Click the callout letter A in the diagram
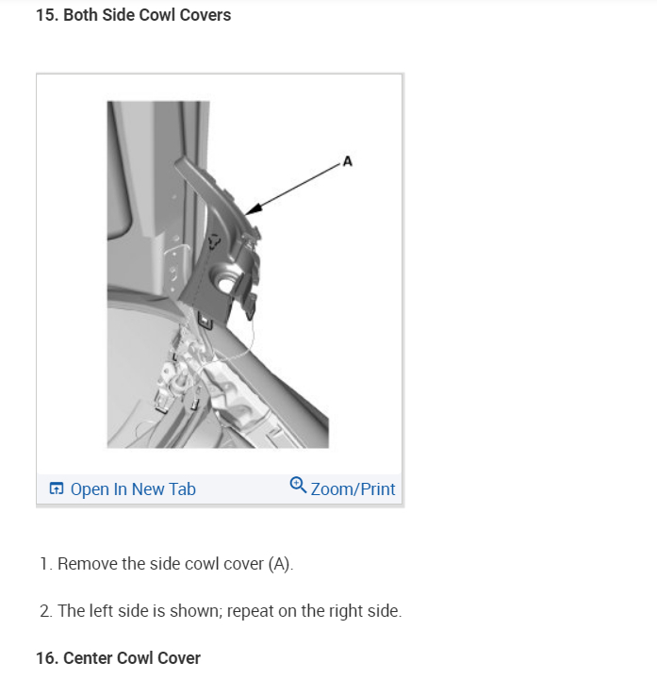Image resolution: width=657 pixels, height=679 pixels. point(348,161)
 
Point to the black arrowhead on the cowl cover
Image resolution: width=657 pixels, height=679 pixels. point(255,208)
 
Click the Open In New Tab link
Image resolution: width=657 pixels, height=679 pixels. point(133,489)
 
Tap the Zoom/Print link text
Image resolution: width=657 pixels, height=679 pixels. point(353,489)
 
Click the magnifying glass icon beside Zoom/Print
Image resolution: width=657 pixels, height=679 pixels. point(298,485)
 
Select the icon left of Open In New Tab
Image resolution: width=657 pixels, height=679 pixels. point(57,489)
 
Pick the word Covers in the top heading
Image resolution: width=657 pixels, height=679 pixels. point(205,15)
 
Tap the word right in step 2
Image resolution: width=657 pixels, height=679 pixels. point(346,612)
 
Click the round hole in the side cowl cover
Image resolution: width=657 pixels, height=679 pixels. point(224,283)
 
